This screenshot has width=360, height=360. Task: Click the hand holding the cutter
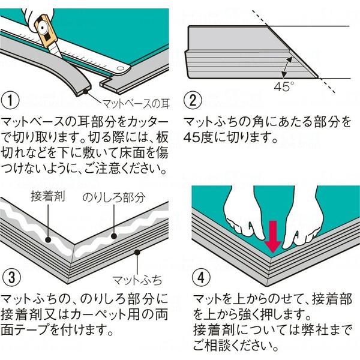[x=21, y=12]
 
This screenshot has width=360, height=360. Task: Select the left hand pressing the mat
[x=243, y=216]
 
